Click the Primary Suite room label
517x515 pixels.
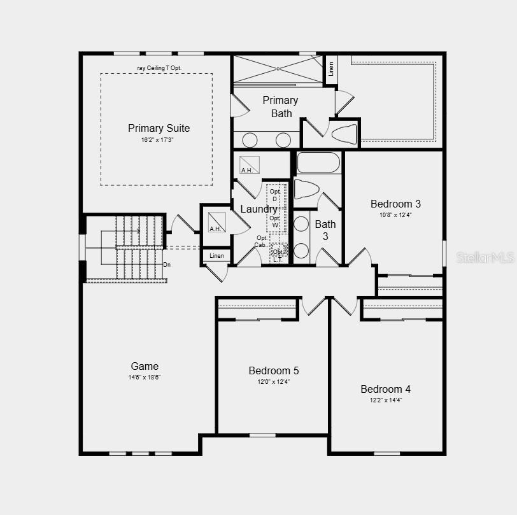[x=159, y=128]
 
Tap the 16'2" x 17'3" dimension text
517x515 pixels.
[x=157, y=140]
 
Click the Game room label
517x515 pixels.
[x=145, y=366]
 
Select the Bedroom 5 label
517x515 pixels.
[x=274, y=370]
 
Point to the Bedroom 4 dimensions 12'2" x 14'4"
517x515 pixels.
[x=385, y=400]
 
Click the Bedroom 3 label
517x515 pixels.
[x=395, y=204]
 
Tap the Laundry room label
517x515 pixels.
[x=258, y=209]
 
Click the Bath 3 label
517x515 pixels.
[x=325, y=230]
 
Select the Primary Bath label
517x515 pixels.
[x=280, y=106]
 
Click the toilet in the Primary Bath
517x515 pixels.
[x=344, y=134]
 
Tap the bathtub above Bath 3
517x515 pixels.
[x=318, y=162]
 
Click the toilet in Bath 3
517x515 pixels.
[x=306, y=189]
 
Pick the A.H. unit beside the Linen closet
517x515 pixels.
[x=216, y=222]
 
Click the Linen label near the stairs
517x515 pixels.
[x=216, y=256]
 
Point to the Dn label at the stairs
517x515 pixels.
[x=167, y=264]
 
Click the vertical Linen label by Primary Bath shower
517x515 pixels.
[x=331, y=69]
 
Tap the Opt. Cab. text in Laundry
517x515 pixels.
[x=262, y=241]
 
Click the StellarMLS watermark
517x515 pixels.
[x=485, y=257]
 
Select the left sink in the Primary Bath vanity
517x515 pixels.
[x=250, y=140]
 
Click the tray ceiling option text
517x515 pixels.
[x=159, y=67]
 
